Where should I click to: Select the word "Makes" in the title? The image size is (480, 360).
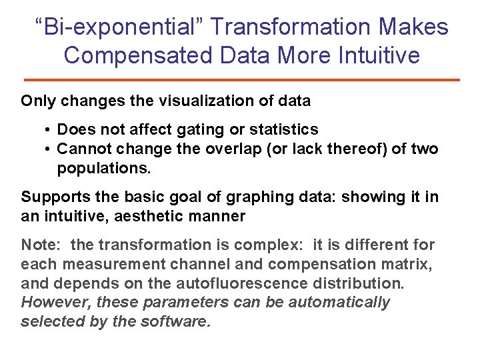coord(414,27)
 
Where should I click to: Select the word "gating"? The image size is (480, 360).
coord(212,129)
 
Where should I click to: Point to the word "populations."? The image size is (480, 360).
coord(104,168)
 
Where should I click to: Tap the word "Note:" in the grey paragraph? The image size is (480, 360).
coord(41,245)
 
